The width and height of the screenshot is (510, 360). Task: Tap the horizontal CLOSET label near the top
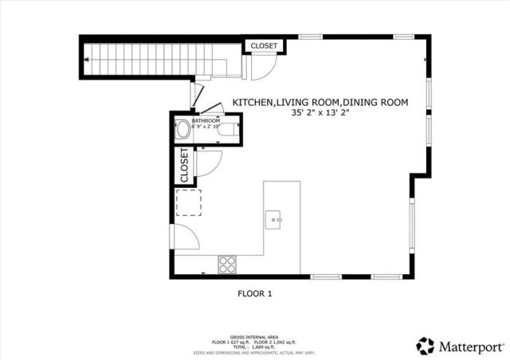click(264, 46)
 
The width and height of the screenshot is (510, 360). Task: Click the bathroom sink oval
click(182, 130)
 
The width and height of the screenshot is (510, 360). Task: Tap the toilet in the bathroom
click(228, 129)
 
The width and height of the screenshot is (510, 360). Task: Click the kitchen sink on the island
click(275, 217)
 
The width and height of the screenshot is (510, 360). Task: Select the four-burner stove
click(227, 263)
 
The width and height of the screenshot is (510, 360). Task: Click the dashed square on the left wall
click(189, 203)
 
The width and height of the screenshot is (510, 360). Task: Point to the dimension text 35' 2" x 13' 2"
click(320, 114)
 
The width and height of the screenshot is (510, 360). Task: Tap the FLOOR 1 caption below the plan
click(255, 294)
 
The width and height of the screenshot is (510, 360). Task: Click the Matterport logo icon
click(426, 346)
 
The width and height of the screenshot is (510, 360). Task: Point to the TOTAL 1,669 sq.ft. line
click(253, 347)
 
